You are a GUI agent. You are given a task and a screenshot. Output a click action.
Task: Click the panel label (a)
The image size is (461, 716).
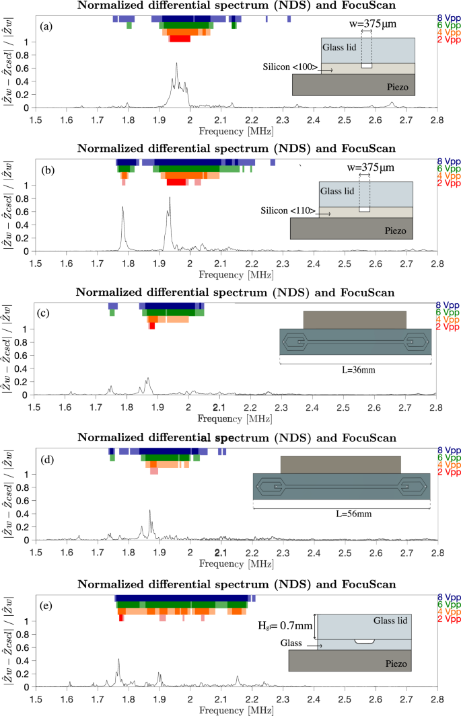coord(46,27)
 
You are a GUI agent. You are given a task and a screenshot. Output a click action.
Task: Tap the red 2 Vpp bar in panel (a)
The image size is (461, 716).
coord(180,39)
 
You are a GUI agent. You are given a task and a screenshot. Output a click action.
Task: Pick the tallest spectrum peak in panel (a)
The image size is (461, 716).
coord(176,65)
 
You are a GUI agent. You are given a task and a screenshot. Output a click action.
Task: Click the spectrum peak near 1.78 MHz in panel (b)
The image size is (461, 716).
coord(122,208)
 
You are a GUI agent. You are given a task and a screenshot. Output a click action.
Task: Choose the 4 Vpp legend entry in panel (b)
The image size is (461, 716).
coord(449,176)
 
